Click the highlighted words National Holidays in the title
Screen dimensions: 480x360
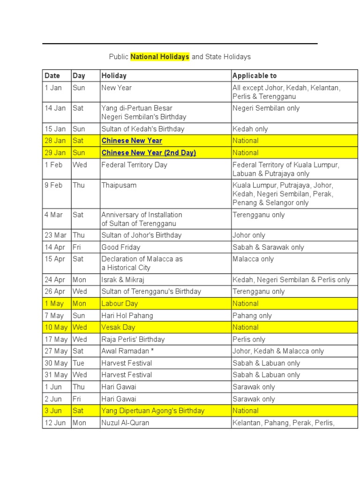pos(160,57)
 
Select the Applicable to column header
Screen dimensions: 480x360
pos(255,75)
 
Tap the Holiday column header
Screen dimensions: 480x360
pos(114,75)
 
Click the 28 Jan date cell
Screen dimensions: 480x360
pos(55,141)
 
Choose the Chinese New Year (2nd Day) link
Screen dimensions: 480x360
pos(149,153)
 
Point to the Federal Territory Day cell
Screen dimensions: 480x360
pos(134,165)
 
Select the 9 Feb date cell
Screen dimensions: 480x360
pos(53,185)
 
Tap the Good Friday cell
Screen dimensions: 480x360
pos(121,247)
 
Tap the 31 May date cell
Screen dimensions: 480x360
pos(56,375)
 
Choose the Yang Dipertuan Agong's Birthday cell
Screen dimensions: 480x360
pos(153,411)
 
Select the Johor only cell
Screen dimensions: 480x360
pos(248,235)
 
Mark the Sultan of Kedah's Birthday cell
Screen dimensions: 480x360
pos(143,129)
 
